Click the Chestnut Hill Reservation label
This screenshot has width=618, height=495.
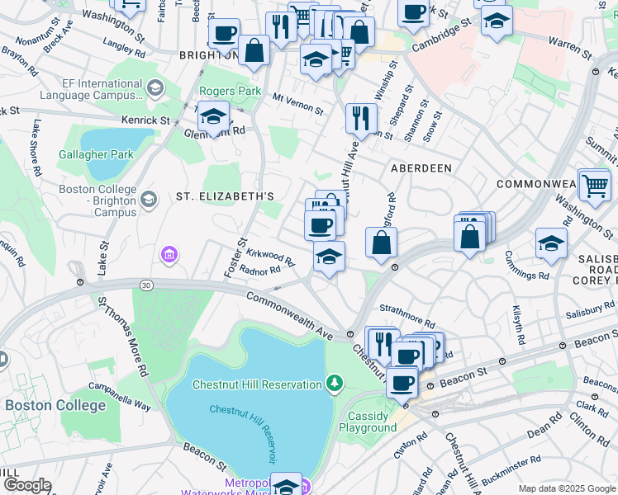tap(257, 384)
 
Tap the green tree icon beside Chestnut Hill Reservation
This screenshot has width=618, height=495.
tap(334, 383)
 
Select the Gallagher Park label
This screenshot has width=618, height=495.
tap(96, 154)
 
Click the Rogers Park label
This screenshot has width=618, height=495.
tap(231, 91)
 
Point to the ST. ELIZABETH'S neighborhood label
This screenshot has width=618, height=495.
tap(225, 196)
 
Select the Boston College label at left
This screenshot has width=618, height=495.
tap(55, 405)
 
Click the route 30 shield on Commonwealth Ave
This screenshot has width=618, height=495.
tap(146, 285)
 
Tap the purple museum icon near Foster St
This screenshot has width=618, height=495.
tap(169, 255)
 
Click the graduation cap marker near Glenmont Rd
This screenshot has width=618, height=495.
tap(213, 116)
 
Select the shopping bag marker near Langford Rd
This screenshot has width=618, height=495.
tap(382, 243)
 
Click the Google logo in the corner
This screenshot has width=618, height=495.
tap(26, 485)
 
